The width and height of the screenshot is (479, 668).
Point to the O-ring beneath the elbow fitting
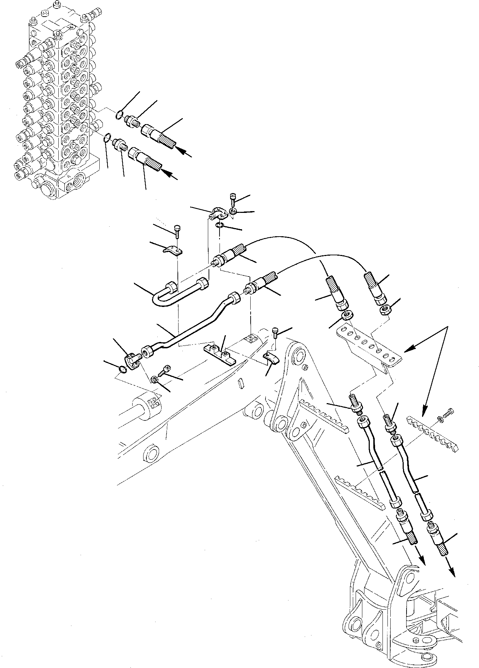219,226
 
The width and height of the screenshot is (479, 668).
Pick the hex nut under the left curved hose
347,315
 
